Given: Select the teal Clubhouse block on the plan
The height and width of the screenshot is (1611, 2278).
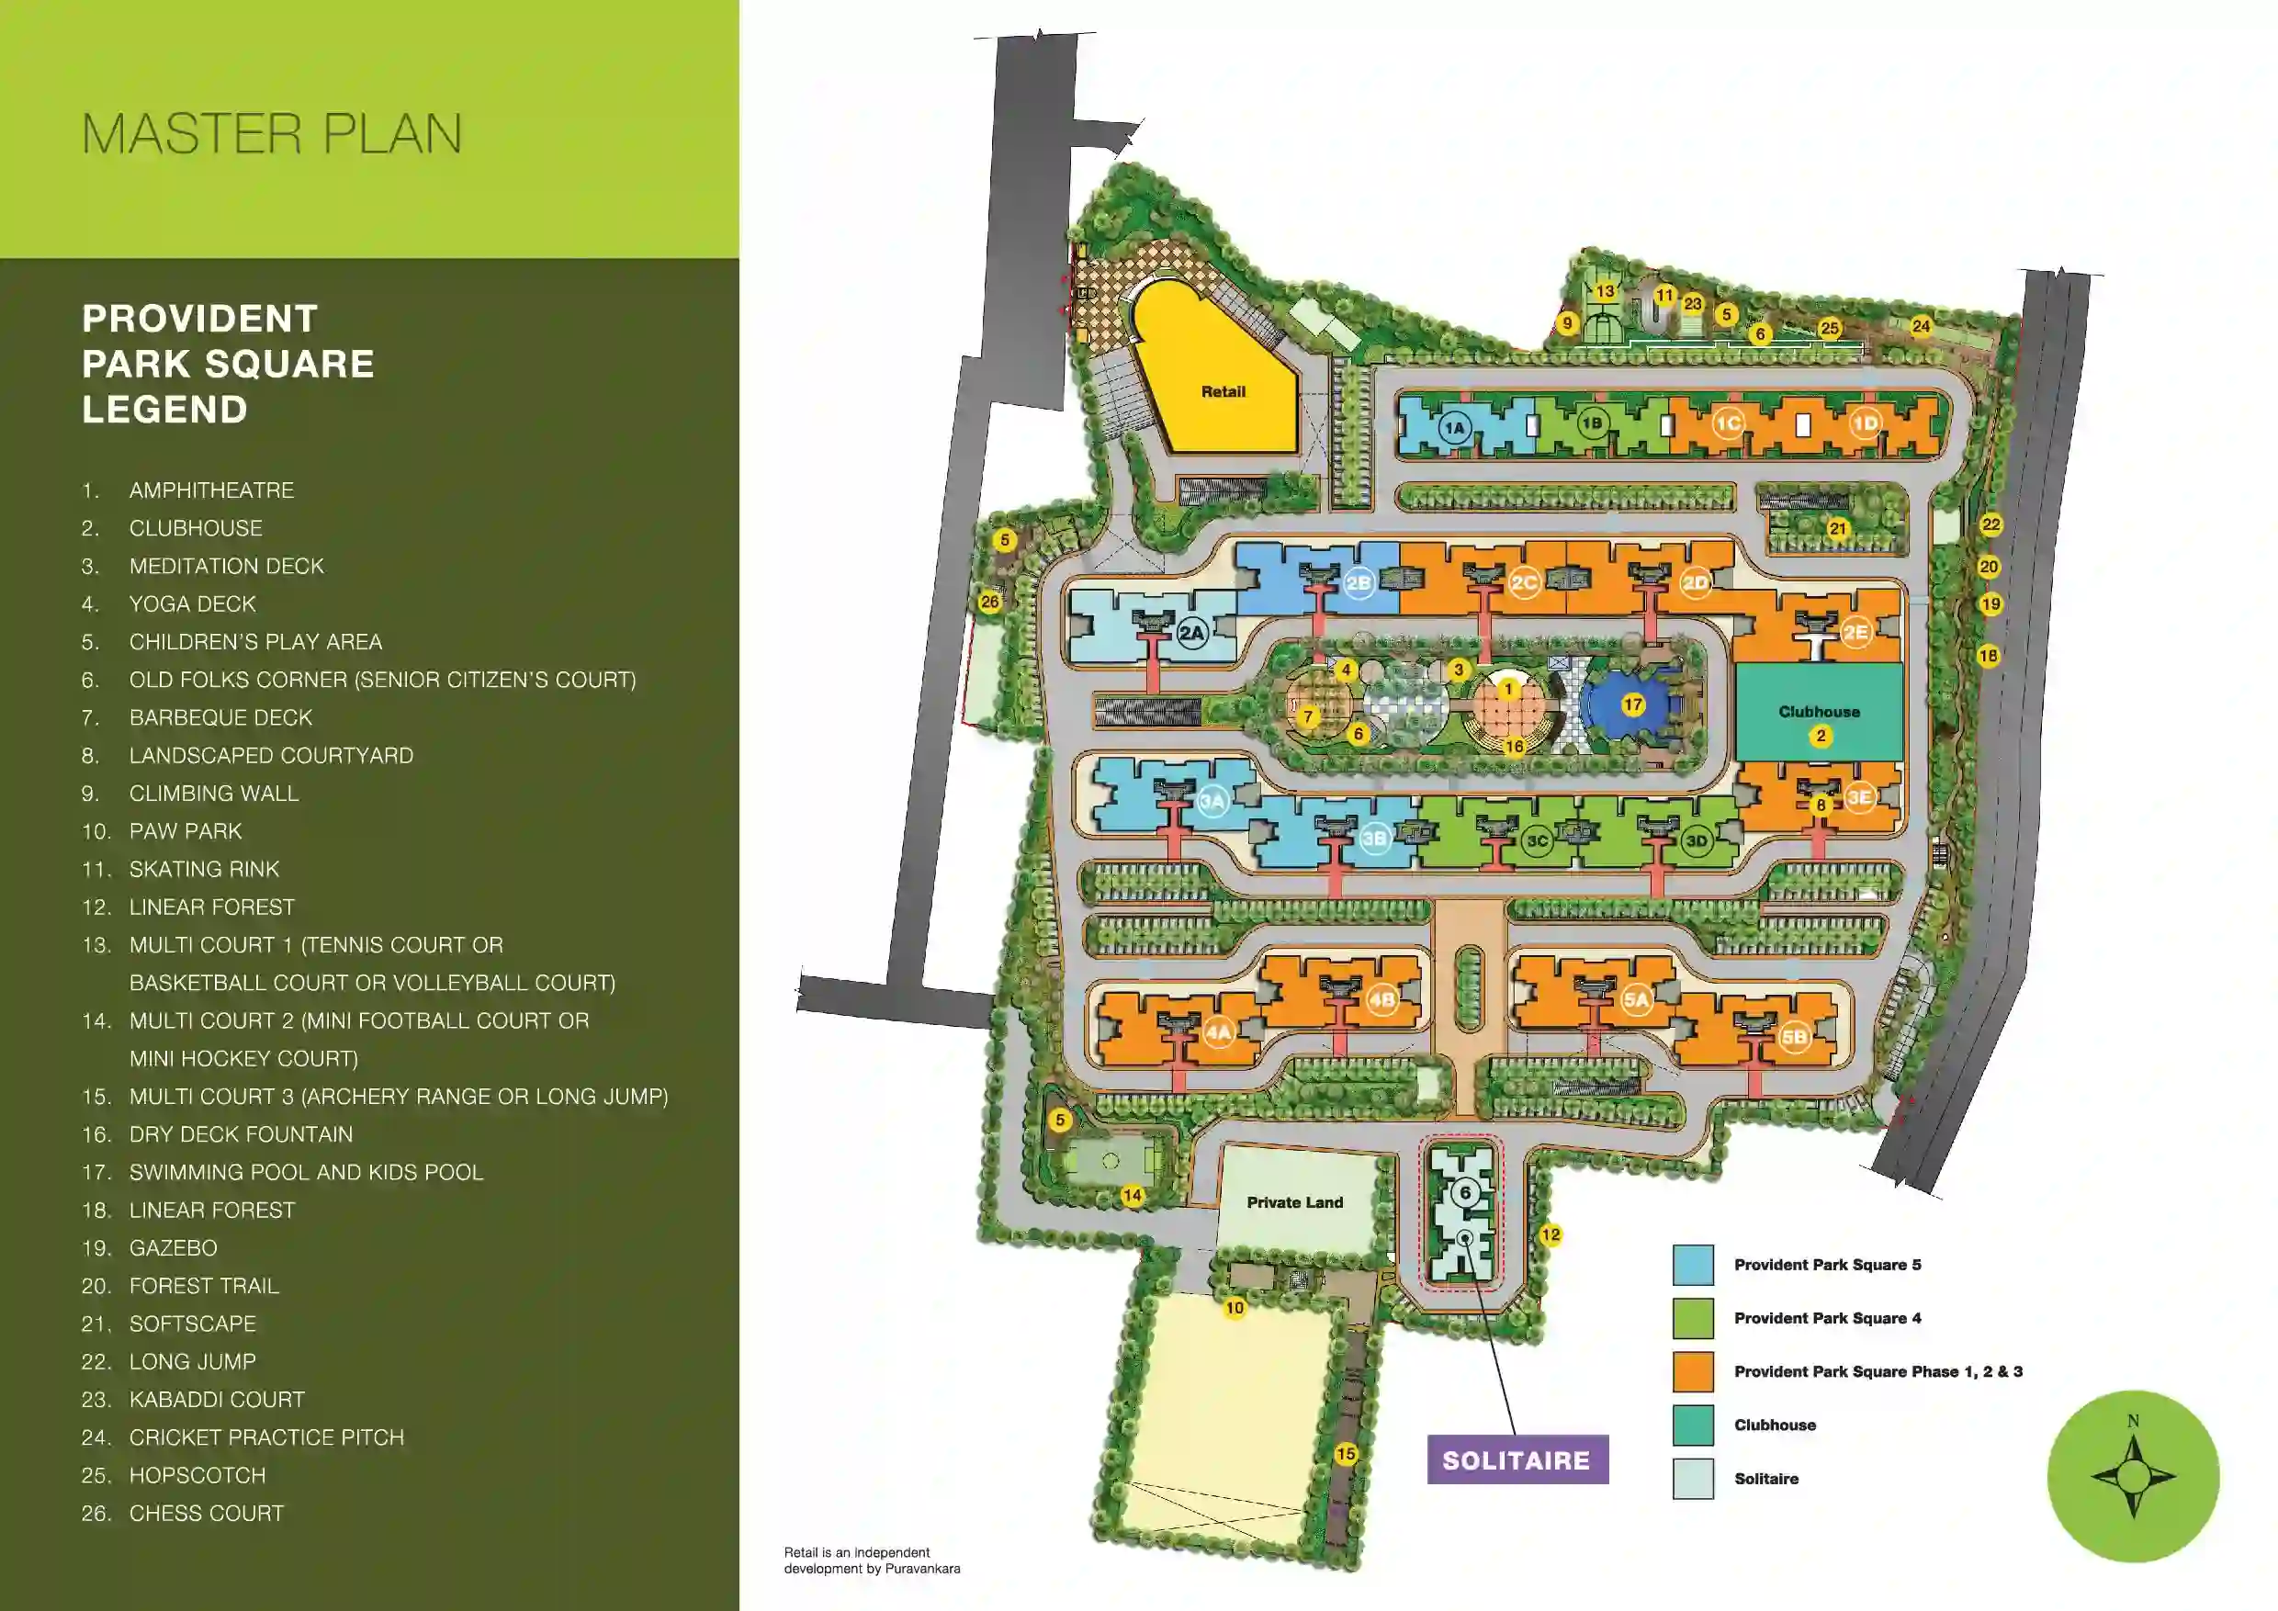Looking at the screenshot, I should coord(1819,712).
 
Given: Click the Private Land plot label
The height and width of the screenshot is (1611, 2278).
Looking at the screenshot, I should coord(1295,1202).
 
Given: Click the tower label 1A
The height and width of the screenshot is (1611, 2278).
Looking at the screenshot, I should coord(1454,429).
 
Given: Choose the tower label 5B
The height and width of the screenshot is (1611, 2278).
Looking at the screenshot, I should coord(1794,1038).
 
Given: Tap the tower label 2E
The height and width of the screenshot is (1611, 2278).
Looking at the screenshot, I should coord(1855,632).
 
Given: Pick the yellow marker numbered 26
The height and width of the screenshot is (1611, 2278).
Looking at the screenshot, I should coord(989,602).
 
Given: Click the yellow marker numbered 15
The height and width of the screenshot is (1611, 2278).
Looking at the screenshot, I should coord(1346,1453).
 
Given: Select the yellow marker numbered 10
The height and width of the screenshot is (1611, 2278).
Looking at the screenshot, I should coord(1235,1308).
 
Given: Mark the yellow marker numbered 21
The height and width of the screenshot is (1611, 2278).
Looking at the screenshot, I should coord(1837,529).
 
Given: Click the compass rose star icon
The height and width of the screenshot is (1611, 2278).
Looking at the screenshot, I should coord(2133,1476).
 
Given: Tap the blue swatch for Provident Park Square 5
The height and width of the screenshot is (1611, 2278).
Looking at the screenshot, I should coord(1693,1265).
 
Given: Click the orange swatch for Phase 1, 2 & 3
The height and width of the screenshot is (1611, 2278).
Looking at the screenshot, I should coord(1693,1372).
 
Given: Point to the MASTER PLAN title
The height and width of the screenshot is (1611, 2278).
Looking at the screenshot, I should coord(272,134).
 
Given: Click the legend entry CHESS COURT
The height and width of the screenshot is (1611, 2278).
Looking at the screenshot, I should coord(207,1513).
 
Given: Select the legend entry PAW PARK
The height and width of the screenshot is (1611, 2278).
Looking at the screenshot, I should coord(186,831).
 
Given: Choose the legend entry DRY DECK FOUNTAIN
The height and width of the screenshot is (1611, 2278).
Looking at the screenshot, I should coord(240,1133).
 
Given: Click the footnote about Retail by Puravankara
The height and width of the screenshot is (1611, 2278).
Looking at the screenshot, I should coord(871,1560).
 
